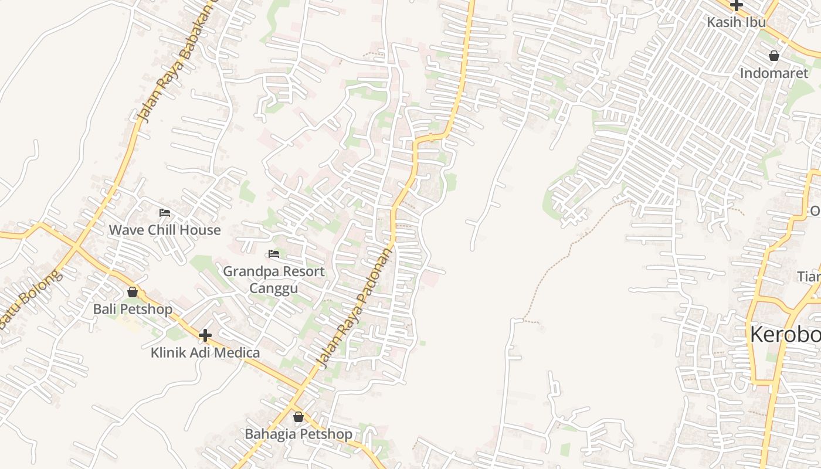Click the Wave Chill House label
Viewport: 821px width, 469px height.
pyautogui.click(x=165, y=230)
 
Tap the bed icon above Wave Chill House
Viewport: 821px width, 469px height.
pyautogui.click(x=165, y=213)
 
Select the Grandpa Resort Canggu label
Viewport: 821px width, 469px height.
pyautogui.click(x=273, y=280)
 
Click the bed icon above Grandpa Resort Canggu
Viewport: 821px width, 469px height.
pyautogui.click(x=273, y=254)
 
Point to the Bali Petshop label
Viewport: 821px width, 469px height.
pyautogui.click(x=133, y=309)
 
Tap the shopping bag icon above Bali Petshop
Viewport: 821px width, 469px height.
pyautogui.click(x=133, y=292)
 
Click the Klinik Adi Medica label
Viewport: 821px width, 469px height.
pyautogui.click(x=205, y=352)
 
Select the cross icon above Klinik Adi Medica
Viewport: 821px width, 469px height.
pyautogui.click(x=205, y=335)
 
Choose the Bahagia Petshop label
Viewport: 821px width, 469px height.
pyautogui.click(x=298, y=434)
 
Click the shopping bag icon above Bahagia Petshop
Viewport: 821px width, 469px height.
pyautogui.click(x=298, y=417)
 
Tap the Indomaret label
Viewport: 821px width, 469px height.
pyautogui.click(x=773, y=73)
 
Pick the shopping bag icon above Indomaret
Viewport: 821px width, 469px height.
pyautogui.click(x=774, y=56)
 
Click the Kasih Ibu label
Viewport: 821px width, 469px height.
pyautogui.click(x=737, y=22)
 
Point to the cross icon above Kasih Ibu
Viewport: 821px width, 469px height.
pyautogui.click(x=737, y=5)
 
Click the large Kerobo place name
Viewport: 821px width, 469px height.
pyautogui.click(x=785, y=335)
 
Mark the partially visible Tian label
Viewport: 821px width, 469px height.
pyautogui.click(x=809, y=276)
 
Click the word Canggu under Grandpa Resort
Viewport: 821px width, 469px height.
pyautogui.click(x=273, y=288)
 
